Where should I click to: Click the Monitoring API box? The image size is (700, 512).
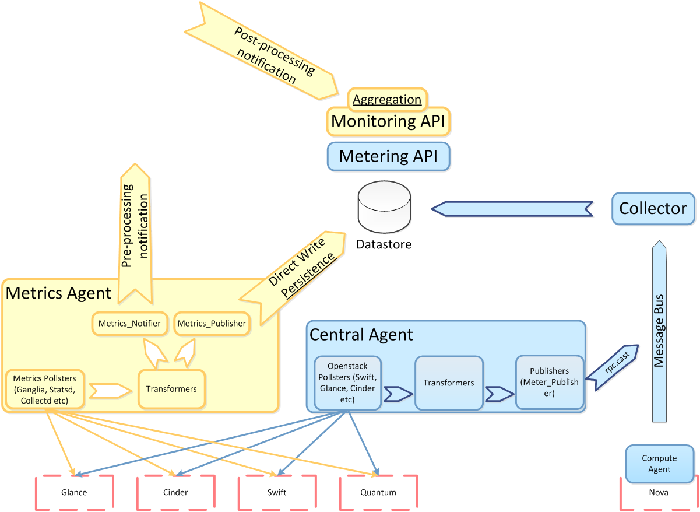[x=389, y=121]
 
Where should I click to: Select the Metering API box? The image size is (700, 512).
[x=389, y=156]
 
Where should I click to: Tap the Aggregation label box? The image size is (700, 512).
[x=388, y=99]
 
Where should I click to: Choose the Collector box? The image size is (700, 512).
[x=653, y=208]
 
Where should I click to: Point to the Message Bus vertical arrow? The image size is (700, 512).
[x=659, y=332]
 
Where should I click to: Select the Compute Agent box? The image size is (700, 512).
[x=660, y=464]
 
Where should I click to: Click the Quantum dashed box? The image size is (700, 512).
[x=378, y=493]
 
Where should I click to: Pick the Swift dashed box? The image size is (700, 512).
[x=277, y=493]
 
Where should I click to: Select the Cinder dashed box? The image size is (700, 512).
[x=175, y=493]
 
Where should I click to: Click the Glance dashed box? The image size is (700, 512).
[x=74, y=493]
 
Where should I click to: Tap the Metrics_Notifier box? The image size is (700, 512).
[x=129, y=324]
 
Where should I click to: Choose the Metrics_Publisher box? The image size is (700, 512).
[x=212, y=324]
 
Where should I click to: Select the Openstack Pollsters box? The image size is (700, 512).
[x=347, y=383]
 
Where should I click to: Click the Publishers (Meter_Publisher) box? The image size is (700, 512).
[x=549, y=383]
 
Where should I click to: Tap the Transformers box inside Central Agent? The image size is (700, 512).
[x=449, y=383]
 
